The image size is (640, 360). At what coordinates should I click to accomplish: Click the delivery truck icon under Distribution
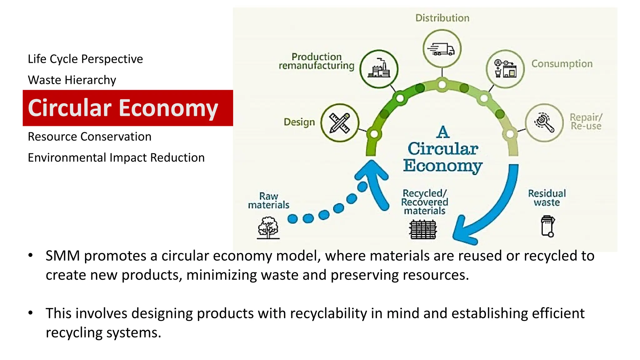[442, 49]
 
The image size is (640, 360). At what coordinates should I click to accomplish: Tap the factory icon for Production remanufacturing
[379, 69]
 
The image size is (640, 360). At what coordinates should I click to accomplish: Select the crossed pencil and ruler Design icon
[340, 122]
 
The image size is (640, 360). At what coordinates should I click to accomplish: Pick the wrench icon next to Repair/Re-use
[544, 122]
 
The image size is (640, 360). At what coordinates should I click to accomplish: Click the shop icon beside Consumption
[505, 69]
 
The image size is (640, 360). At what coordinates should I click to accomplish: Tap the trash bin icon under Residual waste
[547, 226]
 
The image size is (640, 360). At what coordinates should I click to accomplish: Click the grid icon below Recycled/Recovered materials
[423, 229]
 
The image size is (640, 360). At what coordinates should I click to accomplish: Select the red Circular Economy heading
[123, 108]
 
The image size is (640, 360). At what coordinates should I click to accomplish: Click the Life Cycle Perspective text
[85, 59]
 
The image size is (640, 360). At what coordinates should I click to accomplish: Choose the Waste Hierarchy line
[72, 80]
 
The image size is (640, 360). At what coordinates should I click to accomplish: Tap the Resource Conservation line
[89, 137]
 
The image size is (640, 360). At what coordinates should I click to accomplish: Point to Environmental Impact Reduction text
[116, 157]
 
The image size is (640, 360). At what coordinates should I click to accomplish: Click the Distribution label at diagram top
[442, 18]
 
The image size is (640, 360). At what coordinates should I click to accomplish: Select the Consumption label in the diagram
[562, 64]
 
